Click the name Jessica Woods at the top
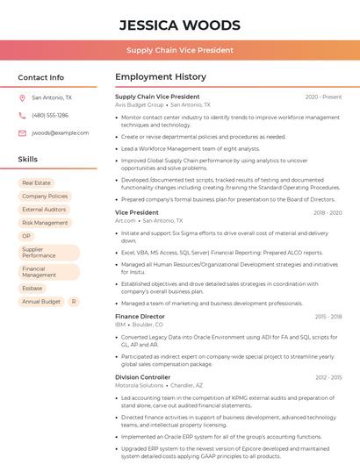coord(179,25)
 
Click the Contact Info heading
coord(40,77)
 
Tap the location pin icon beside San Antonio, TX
coord(22,98)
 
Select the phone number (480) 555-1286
coord(50,116)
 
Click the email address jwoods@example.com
coord(61,133)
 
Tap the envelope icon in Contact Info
coord(22,133)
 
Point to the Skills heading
coord(28,160)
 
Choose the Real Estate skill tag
coord(37,183)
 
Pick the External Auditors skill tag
coord(44,210)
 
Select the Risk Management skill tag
coord(45,223)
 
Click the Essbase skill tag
coord(32,288)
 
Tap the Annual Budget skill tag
coord(41,302)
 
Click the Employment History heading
coord(161,77)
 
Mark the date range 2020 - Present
coord(323,97)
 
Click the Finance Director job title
coord(140,316)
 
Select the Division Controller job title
coord(142,377)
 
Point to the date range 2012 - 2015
coord(328,377)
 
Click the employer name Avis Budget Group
coord(140,104)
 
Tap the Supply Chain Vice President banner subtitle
coord(179,50)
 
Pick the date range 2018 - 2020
coord(328,213)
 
